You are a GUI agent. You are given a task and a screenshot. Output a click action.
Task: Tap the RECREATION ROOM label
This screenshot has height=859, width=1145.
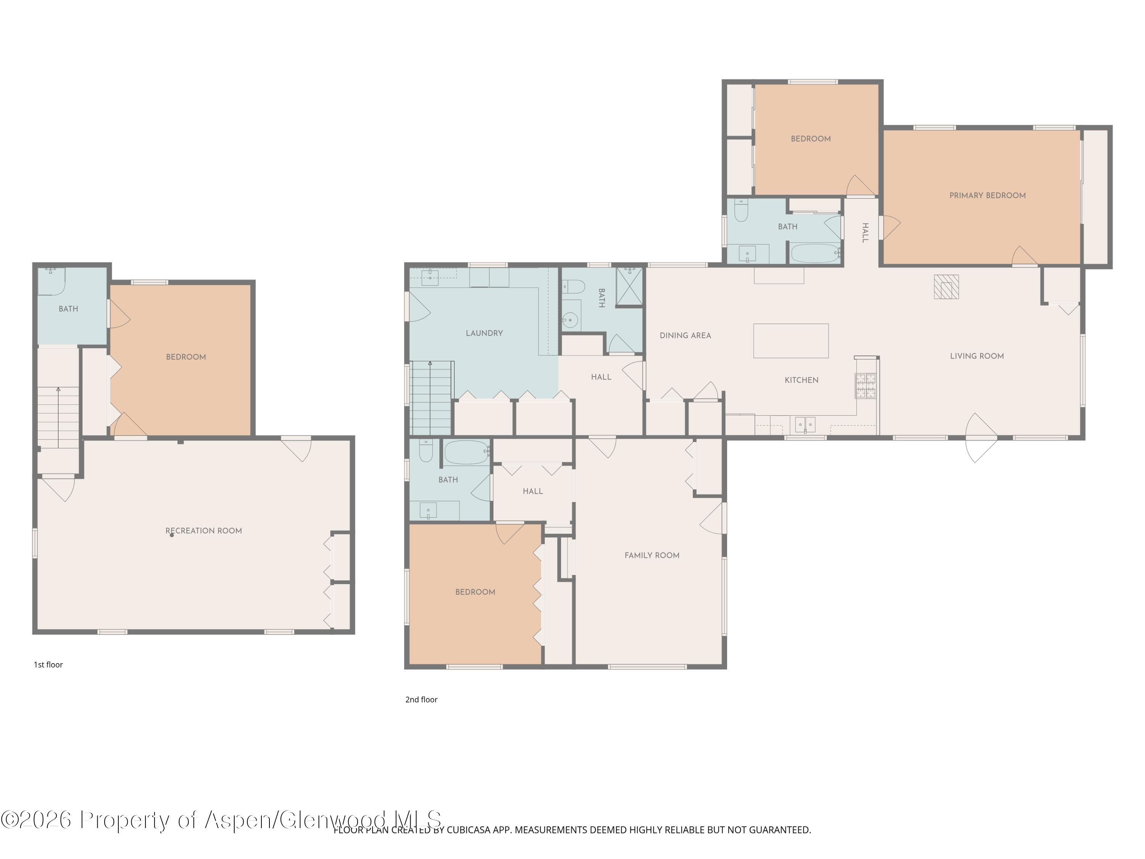pyautogui.click(x=203, y=531)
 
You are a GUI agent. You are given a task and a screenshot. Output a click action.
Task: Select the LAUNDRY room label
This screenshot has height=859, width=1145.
pyautogui.click(x=484, y=333)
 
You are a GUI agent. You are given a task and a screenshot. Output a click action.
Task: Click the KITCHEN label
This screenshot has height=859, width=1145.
pyautogui.click(x=801, y=380)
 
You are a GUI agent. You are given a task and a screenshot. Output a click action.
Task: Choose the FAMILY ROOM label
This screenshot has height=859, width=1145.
pyautogui.click(x=652, y=555)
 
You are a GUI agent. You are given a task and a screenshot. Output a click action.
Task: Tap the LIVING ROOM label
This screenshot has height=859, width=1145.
pyautogui.click(x=977, y=356)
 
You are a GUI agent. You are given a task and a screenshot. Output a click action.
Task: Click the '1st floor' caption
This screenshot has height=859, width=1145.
pyautogui.click(x=48, y=665)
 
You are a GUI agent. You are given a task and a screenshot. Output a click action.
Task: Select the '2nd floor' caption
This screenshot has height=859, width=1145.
pyautogui.click(x=421, y=699)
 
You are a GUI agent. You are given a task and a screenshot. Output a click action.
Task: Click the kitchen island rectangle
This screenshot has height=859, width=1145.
pyautogui.click(x=790, y=341)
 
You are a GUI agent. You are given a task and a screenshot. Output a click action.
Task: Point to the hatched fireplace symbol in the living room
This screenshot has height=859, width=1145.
pyautogui.click(x=946, y=287)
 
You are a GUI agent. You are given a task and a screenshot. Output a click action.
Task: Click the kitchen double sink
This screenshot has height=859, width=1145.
pyautogui.click(x=805, y=425)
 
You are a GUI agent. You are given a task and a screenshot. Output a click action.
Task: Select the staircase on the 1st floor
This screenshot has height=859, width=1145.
pyautogui.click(x=58, y=417)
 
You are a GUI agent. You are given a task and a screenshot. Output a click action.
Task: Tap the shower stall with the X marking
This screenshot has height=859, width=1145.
pyautogui.click(x=629, y=286)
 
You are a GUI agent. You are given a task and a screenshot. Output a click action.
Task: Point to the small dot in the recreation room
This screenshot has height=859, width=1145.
pyautogui.click(x=172, y=535)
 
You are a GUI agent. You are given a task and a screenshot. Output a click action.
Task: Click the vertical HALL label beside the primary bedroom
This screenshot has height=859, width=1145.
pyautogui.click(x=865, y=233)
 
